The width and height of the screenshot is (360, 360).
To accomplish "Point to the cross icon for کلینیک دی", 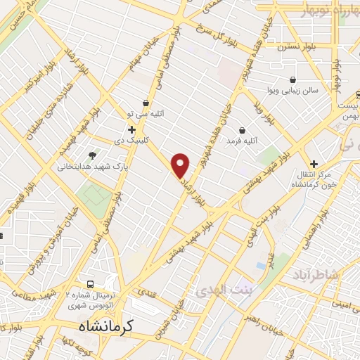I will (x=131, y=129).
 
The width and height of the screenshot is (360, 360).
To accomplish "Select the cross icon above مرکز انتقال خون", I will (x=314, y=163).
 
